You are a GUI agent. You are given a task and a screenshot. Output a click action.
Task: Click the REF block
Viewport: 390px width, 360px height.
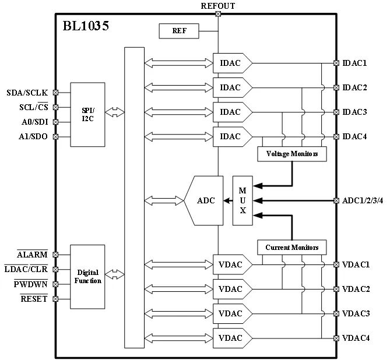[x=179, y=31]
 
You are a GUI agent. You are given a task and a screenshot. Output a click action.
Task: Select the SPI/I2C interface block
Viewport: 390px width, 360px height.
[x=87, y=115]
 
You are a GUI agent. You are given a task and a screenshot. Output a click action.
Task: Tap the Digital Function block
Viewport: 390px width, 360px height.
[x=87, y=277]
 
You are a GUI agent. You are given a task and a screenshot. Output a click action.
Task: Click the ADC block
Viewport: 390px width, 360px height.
[x=203, y=200]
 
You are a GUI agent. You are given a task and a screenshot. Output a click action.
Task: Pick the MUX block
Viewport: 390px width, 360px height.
[x=243, y=200]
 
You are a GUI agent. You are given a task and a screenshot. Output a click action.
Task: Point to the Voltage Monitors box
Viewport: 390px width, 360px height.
[x=292, y=154]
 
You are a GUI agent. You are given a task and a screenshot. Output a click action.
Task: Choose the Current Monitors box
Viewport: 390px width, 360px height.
[x=291, y=248]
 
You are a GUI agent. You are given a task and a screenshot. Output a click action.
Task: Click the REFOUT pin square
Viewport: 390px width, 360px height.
[x=218, y=14]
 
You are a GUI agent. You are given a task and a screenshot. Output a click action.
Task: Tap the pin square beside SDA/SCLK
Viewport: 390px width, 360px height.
[x=55, y=93]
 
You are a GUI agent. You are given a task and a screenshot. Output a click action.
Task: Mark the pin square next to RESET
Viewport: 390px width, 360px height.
[x=55, y=299]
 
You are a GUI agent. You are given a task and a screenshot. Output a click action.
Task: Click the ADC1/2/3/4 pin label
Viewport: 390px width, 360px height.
[x=363, y=200]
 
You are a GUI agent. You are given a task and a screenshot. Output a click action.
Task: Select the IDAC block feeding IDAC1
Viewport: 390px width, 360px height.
[x=233, y=63]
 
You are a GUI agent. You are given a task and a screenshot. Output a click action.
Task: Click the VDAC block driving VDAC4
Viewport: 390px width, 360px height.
[x=233, y=338]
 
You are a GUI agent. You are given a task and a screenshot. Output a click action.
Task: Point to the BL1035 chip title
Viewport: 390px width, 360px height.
[x=86, y=26]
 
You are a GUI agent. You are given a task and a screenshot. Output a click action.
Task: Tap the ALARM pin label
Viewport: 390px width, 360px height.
[x=32, y=255]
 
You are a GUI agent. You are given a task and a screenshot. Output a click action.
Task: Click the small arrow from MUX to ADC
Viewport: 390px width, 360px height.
[x=228, y=200]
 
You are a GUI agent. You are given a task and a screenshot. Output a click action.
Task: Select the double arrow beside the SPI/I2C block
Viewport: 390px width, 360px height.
[x=115, y=112]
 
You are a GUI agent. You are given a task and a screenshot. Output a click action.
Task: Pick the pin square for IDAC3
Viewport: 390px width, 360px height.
[x=336, y=112]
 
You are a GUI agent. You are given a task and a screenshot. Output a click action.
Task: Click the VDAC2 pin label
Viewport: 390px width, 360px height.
[x=356, y=289]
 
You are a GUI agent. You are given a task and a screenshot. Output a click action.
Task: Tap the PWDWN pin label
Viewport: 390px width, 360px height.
[x=30, y=284]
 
